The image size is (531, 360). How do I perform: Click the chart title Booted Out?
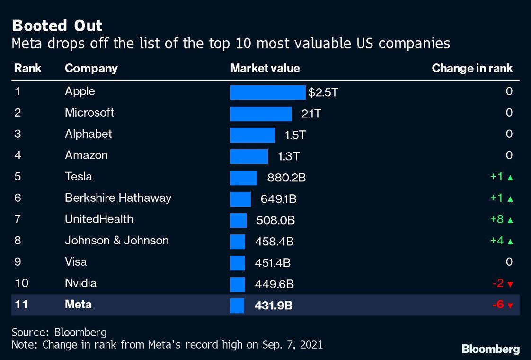(x=57, y=25)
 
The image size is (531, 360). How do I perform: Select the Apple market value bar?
(x=267, y=92)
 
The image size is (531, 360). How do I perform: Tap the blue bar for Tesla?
(x=244, y=178)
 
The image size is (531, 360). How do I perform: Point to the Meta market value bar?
(x=237, y=306)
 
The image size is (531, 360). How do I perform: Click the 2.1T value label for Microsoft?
(x=311, y=114)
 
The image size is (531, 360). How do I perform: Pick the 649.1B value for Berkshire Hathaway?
(x=278, y=199)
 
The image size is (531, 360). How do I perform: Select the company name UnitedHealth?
(x=99, y=219)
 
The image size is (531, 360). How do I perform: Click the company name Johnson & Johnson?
(x=116, y=241)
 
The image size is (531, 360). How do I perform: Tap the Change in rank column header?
(x=472, y=68)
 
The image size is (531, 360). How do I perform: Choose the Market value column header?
(x=265, y=68)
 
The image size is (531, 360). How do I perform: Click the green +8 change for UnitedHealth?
(x=496, y=219)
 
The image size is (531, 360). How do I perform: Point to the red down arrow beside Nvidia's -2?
(x=510, y=284)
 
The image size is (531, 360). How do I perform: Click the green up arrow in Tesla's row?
(x=510, y=178)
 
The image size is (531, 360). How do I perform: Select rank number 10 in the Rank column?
(x=21, y=283)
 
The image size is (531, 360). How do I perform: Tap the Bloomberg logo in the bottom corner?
(x=490, y=349)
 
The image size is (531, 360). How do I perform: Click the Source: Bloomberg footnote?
(x=59, y=332)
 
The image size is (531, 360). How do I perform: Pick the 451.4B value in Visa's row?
(x=274, y=263)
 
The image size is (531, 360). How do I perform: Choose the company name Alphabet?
(x=88, y=134)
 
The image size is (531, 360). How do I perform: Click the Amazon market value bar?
(x=249, y=156)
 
